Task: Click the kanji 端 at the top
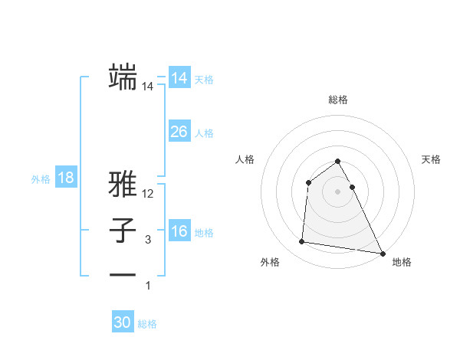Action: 122,77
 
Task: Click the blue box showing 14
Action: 179,78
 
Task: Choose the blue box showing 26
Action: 179,132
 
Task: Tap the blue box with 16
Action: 179,231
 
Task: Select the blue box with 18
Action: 65,178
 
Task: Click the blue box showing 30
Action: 123,322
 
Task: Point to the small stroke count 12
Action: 148,195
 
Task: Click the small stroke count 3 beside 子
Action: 148,241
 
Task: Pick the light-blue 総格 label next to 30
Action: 147,324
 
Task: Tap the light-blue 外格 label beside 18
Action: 41,179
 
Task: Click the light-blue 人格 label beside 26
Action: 204,133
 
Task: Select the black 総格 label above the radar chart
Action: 338,100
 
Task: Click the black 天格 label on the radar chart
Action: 432,159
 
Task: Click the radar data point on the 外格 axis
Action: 302,242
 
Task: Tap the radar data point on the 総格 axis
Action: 338,162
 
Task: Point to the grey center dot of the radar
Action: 338,191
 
